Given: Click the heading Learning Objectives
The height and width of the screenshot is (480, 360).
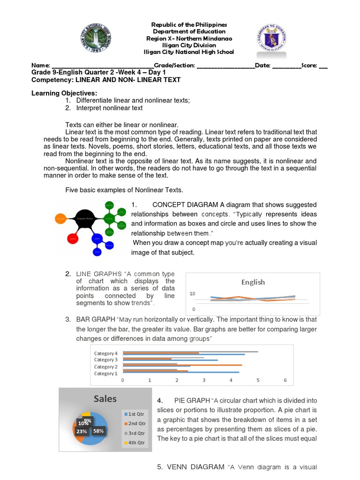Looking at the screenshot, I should point(64,93).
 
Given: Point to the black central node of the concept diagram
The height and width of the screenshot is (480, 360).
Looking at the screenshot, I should point(85,218).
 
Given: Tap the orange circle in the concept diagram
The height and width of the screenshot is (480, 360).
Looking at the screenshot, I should point(60,218).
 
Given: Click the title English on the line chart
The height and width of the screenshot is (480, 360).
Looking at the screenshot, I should point(253,282).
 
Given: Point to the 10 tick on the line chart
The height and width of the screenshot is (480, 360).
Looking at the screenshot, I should point(192,294).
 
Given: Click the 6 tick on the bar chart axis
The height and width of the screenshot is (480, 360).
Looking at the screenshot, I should point(285,381).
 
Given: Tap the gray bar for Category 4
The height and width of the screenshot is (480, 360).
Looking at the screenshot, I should point(190,351).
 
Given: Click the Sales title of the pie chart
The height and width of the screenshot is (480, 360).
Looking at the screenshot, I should point(105,399).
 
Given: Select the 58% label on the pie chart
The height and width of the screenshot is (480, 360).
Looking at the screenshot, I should point(98,430).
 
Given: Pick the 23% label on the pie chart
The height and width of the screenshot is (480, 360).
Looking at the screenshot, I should point(82,431).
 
